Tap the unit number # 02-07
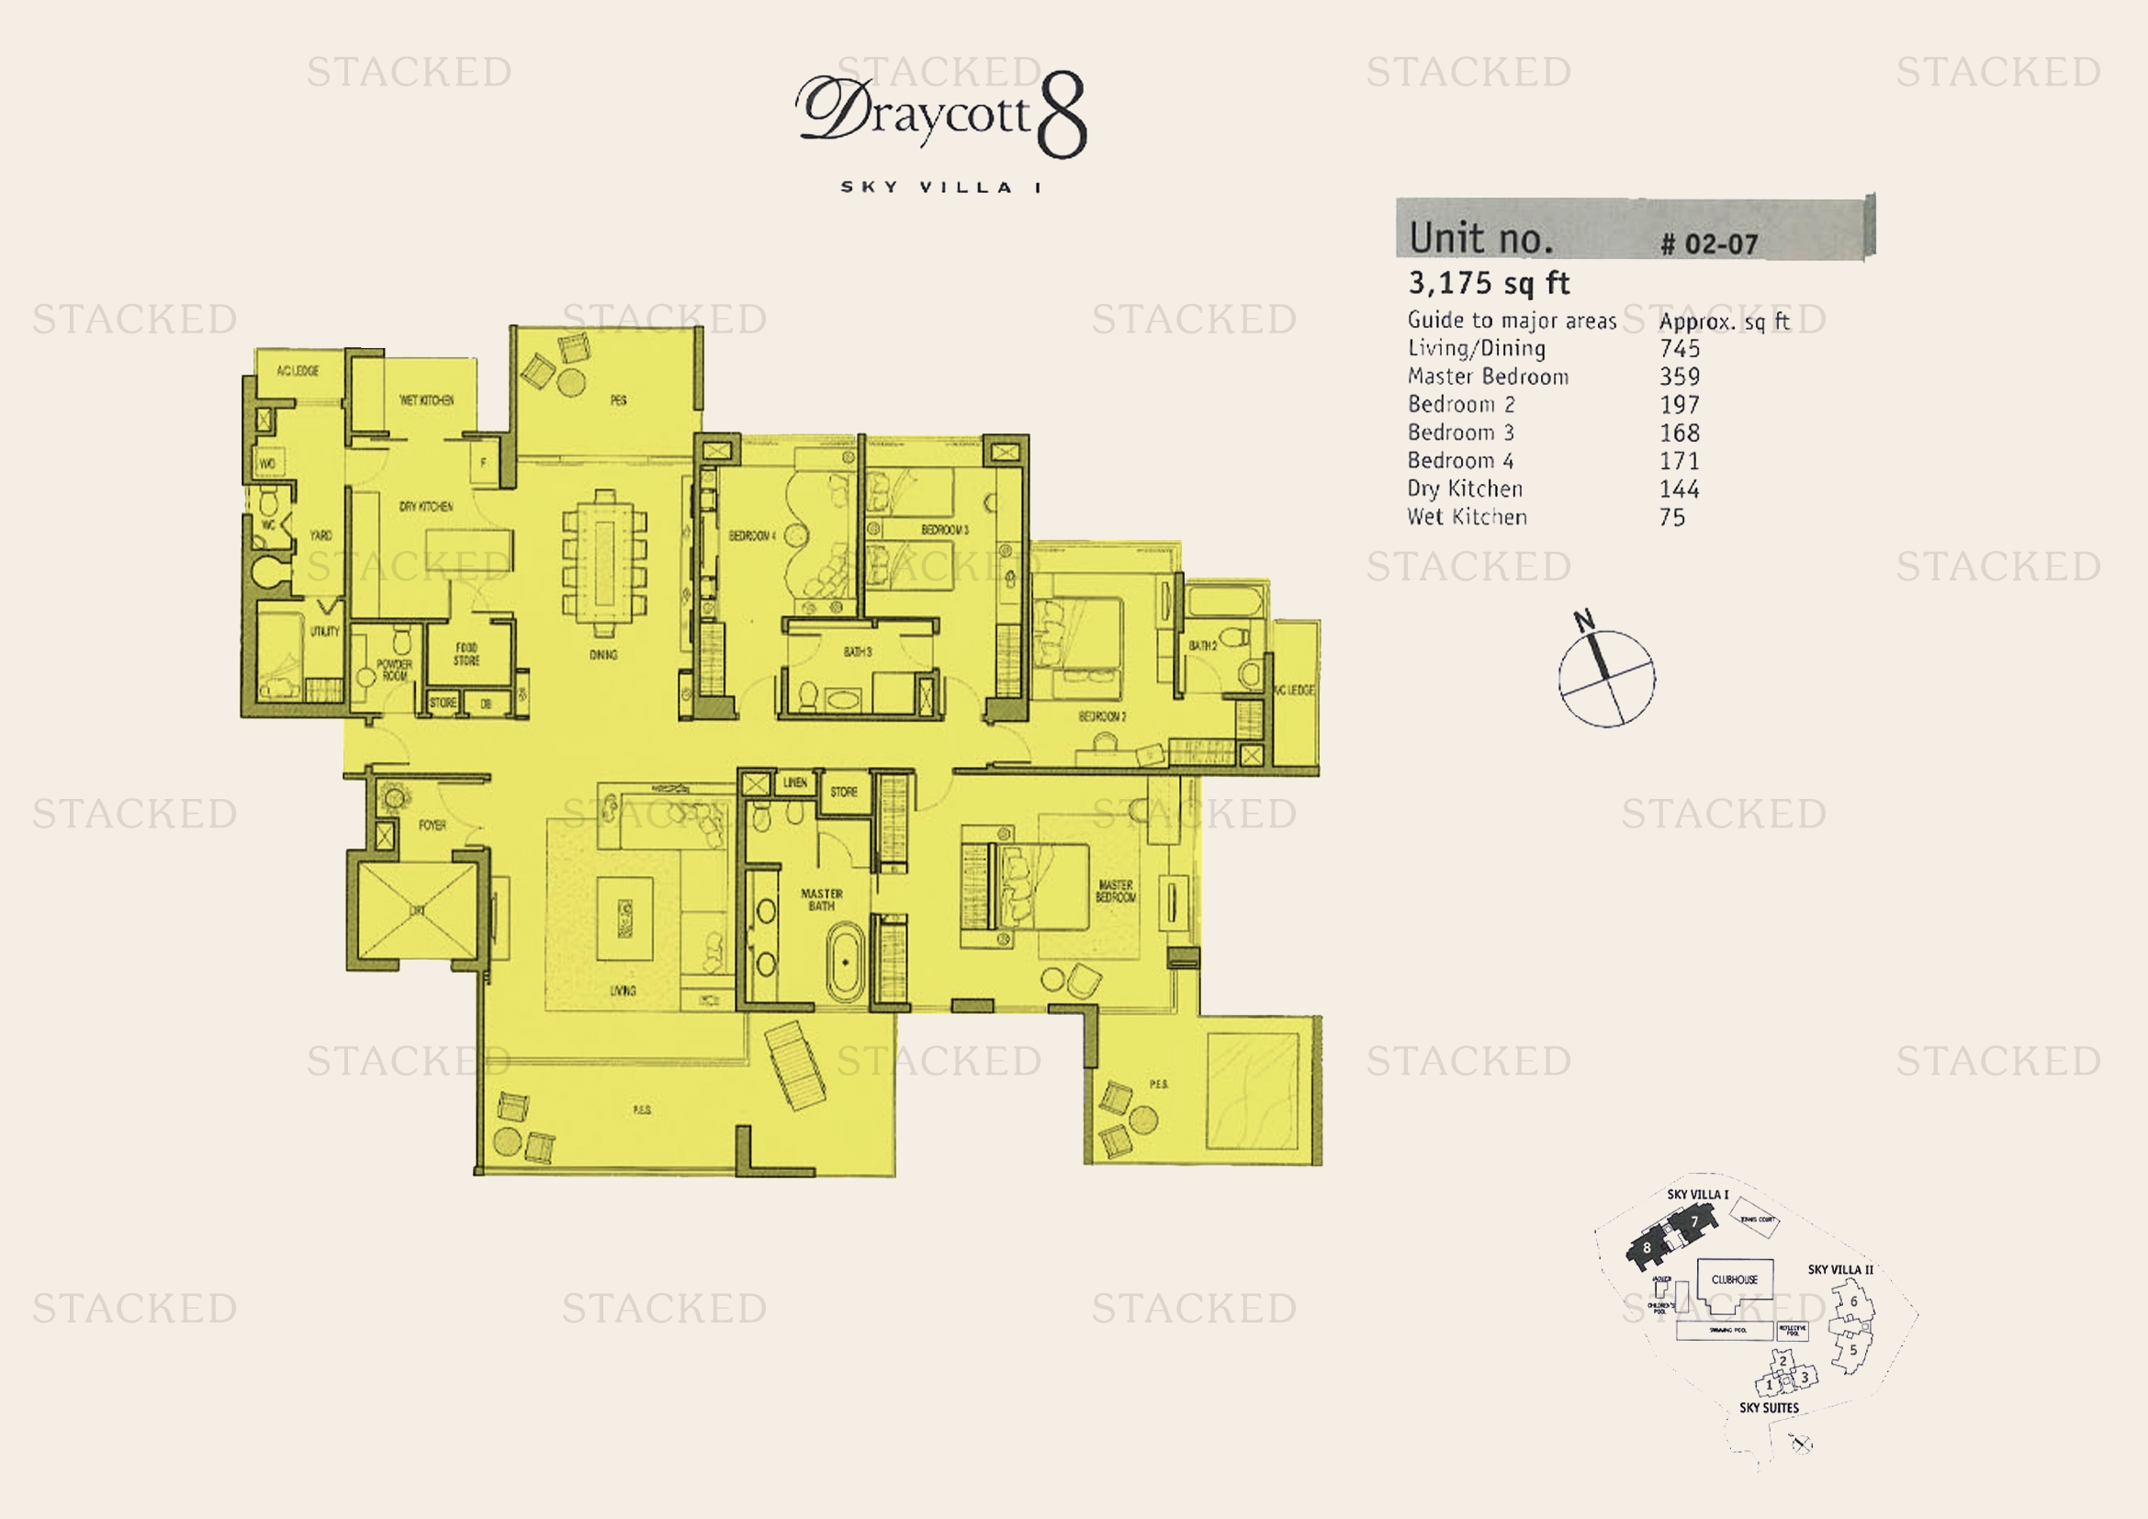coord(1708,244)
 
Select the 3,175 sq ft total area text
coord(1489,283)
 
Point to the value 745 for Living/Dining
coord(1680,349)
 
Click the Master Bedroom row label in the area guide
coord(1488,377)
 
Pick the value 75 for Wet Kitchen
coord(1671,517)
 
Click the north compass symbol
coord(1606,677)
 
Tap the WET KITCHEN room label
coord(427,400)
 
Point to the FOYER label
coord(433,825)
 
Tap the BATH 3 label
coord(857,652)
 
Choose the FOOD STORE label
coord(467,654)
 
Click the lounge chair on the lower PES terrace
coord(795,1066)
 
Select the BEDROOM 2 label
coord(1102,716)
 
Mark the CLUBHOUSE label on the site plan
coord(1735,1279)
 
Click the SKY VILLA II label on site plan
coord(1840,1269)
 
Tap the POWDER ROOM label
coord(394,669)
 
